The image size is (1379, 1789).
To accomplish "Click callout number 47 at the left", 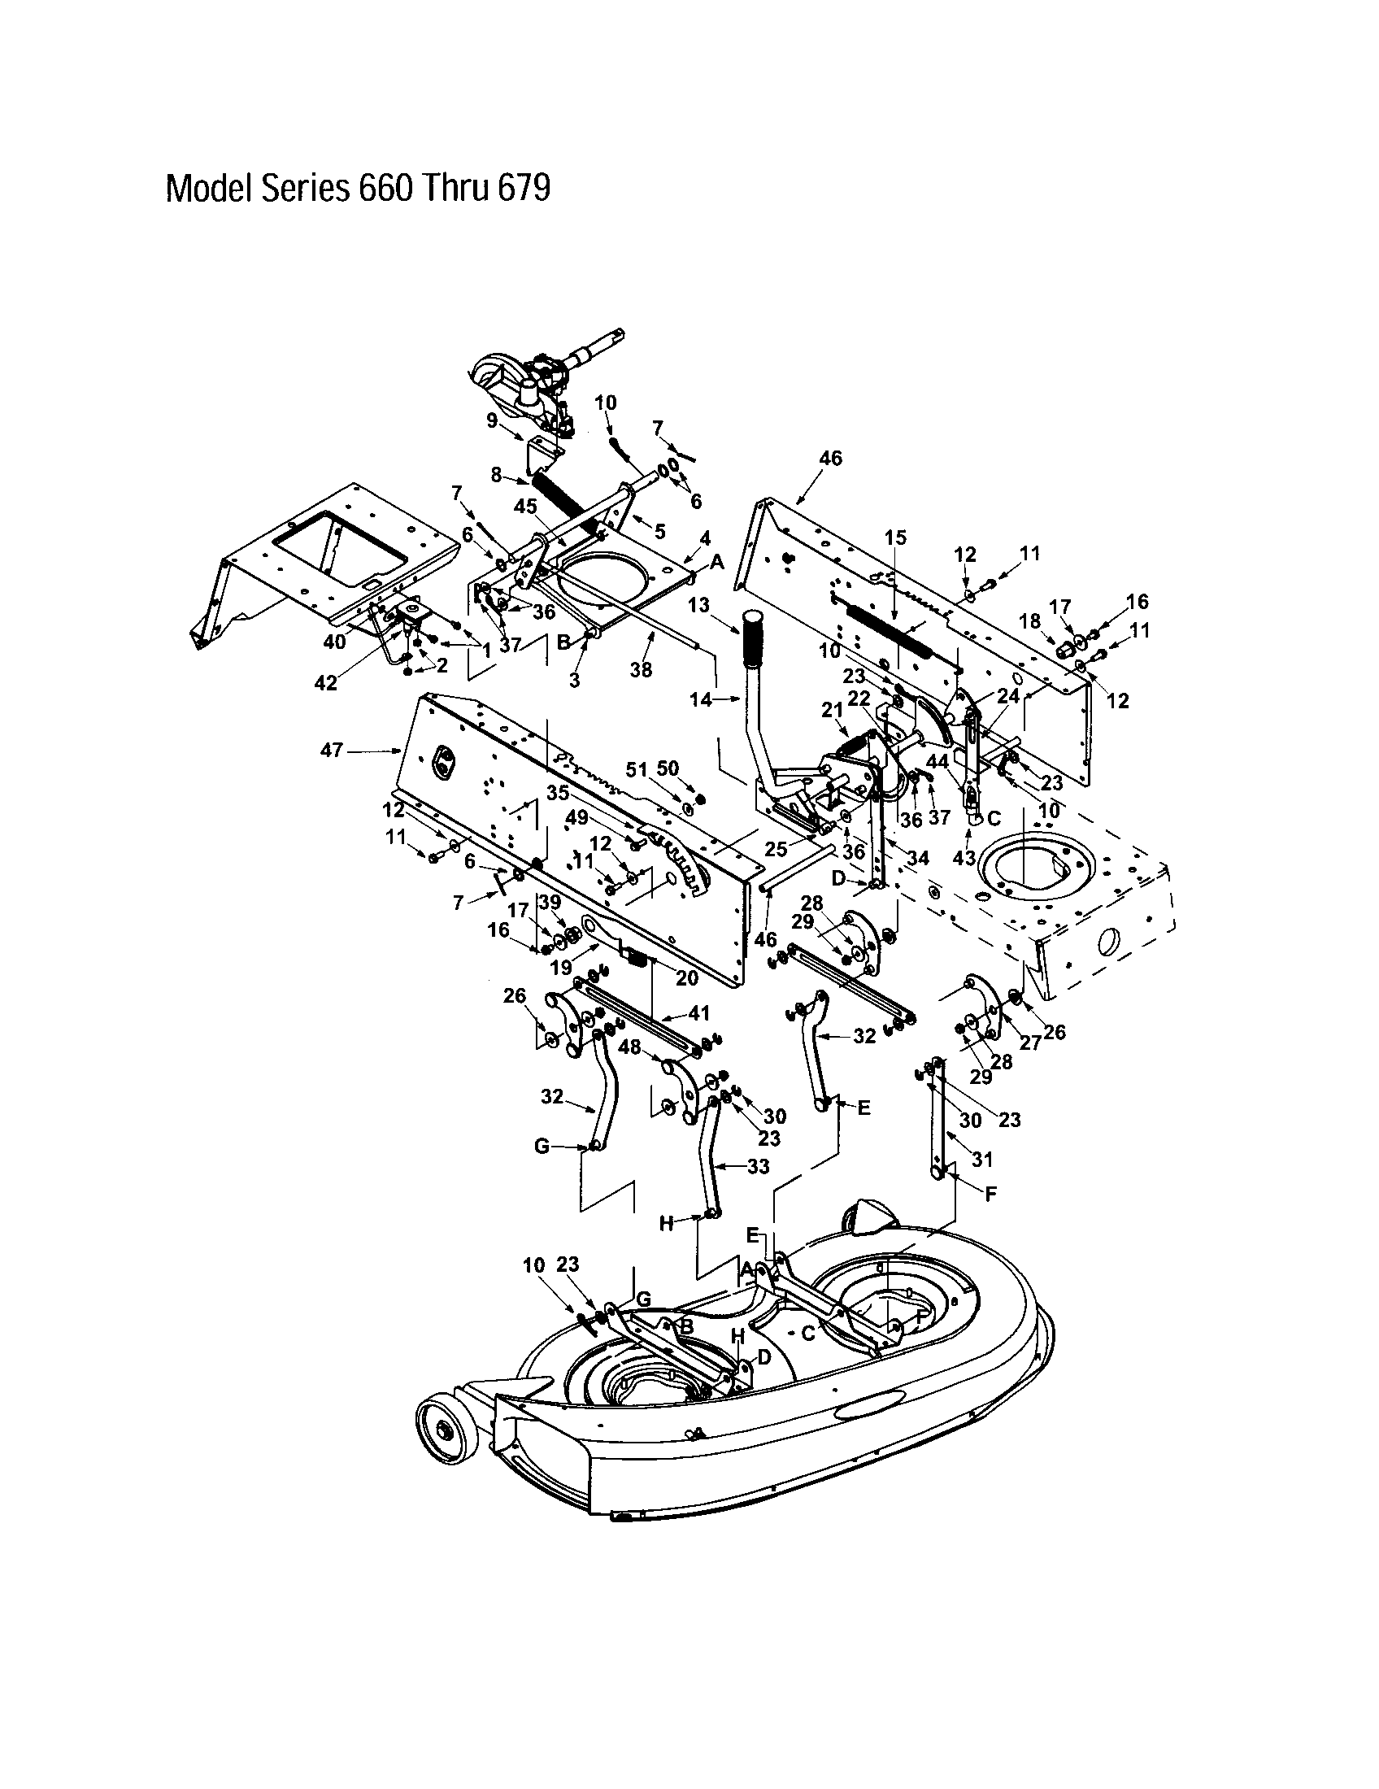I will [x=331, y=750].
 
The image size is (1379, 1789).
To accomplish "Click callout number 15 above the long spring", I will [x=896, y=538].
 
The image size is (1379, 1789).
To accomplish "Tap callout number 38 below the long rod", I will [x=641, y=669].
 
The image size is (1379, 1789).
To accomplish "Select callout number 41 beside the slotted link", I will [x=698, y=1014].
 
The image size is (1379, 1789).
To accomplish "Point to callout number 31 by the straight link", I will [x=981, y=1159].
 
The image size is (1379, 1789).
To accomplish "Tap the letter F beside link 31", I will [x=990, y=1194].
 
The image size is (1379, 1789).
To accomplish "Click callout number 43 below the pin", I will [x=964, y=858].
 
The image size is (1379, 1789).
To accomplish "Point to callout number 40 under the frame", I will [x=334, y=642].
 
